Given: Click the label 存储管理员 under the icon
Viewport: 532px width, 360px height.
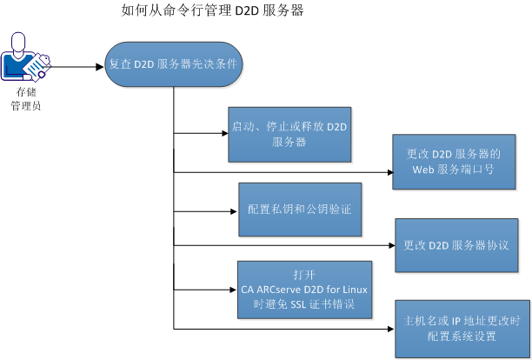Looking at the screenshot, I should (26, 97).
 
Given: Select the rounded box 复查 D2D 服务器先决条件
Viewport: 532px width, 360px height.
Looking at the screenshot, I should (174, 64).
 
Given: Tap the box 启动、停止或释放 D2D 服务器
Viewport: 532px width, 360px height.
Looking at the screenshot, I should (288, 134).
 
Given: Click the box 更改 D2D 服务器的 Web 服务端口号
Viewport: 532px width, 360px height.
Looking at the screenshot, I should (453, 162).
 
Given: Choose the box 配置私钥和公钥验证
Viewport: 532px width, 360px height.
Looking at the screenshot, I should (299, 210).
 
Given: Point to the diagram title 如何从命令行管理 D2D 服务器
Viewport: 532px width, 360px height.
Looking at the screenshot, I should (214, 11).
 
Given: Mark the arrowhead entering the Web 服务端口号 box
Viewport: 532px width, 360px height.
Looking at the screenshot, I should (389, 172).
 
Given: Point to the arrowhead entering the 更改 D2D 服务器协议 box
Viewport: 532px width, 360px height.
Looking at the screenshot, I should (390, 245).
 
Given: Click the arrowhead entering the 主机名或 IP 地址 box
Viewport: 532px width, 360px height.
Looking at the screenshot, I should (390, 330).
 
